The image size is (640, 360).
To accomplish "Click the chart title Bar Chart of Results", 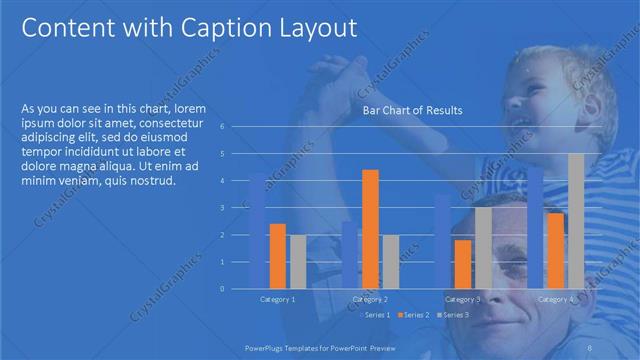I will [x=412, y=110].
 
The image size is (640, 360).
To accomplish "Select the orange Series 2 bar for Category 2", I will [x=370, y=228].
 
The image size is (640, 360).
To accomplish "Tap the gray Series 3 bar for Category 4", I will [x=576, y=220].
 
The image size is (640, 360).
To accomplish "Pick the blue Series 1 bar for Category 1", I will [x=257, y=231].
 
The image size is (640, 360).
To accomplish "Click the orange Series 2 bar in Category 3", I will [x=463, y=264].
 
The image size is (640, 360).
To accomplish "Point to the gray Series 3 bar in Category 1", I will [x=298, y=261].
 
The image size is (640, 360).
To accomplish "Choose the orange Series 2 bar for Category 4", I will [x=556, y=250].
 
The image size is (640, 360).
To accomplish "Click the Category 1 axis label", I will [x=278, y=299].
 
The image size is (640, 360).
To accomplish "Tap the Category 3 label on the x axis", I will [x=463, y=299].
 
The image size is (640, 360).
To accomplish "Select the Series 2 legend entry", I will [x=413, y=315].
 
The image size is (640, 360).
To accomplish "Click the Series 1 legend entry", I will [x=374, y=315].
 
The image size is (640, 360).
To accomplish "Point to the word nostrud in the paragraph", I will [x=154, y=181].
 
